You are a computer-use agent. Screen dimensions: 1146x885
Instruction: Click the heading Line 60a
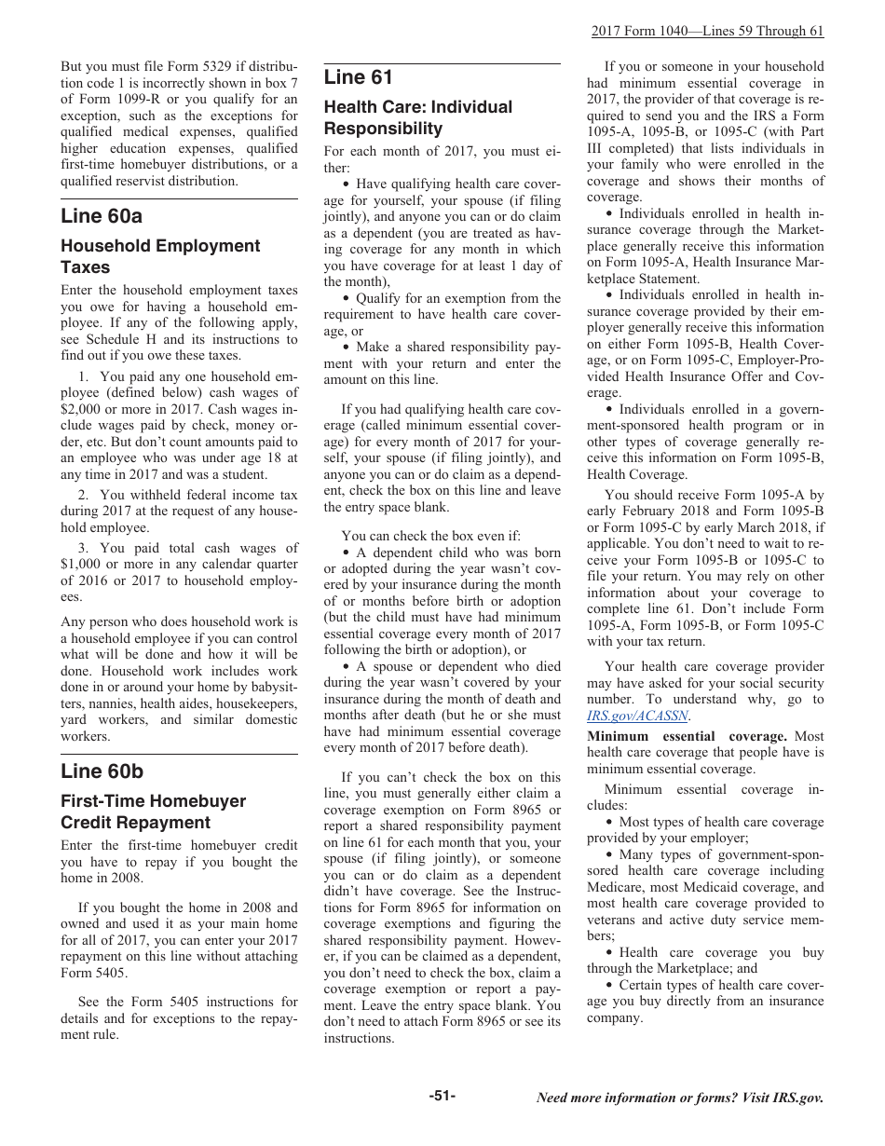click(x=102, y=216)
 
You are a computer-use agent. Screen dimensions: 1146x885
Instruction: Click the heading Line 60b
click(x=102, y=771)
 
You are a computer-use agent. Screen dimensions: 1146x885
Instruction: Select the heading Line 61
click(x=359, y=77)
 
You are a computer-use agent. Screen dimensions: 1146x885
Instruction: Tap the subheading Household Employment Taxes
click(x=160, y=256)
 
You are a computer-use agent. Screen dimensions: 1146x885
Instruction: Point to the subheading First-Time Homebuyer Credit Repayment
click(x=153, y=812)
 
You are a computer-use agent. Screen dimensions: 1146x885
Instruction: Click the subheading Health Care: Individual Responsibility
click(x=417, y=118)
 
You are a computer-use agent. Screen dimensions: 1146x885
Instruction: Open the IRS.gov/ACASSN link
click(x=637, y=716)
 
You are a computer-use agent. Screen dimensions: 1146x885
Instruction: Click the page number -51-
click(x=442, y=1097)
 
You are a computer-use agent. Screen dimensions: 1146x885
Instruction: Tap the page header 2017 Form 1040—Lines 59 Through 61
click(x=707, y=31)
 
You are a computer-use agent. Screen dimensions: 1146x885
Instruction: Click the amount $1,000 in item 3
click(x=81, y=565)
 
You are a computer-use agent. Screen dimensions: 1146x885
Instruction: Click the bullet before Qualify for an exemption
click(x=346, y=298)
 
